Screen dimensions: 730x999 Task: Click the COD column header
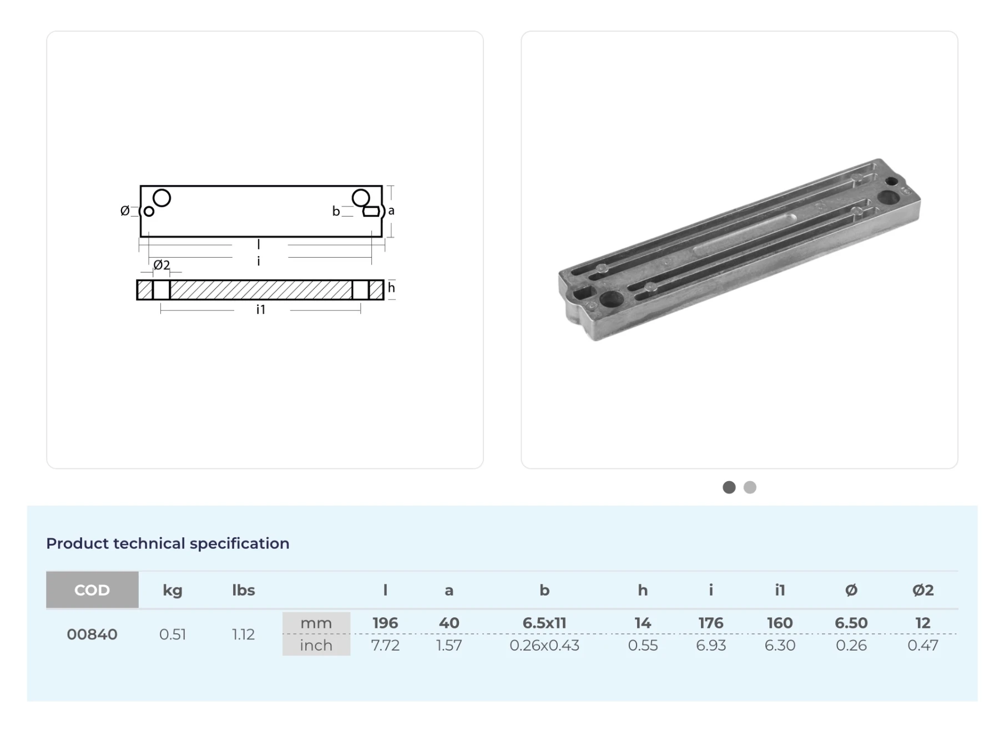[x=92, y=589]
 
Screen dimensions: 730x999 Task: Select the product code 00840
[x=92, y=634]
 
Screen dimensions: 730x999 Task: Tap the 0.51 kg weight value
[x=172, y=634]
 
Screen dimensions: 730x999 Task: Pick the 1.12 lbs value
[x=243, y=634]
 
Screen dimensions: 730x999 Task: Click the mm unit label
[x=316, y=623]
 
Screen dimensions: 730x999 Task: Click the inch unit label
[x=316, y=645]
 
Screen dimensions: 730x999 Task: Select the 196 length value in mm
[x=385, y=623]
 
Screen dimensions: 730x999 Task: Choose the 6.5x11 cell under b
[x=544, y=623]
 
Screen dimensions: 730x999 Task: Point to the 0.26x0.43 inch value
[x=544, y=645]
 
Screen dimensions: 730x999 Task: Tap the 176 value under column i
[x=710, y=623]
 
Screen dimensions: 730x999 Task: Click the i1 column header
[x=780, y=589]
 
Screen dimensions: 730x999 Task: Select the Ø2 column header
[x=922, y=589]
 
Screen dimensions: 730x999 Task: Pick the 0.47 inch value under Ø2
[x=922, y=645]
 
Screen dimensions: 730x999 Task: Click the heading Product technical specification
[x=168, y=543]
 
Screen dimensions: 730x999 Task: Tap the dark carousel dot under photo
[x=729, y=487]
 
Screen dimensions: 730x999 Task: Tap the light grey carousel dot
[x=750, y=487]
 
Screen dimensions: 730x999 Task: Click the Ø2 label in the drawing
[x=162, y=265]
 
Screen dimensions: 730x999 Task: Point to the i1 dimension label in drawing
[x=261, y=309]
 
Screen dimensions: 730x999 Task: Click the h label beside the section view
[x=391, y=287]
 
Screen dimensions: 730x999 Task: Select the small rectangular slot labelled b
[x=371, y=212]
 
